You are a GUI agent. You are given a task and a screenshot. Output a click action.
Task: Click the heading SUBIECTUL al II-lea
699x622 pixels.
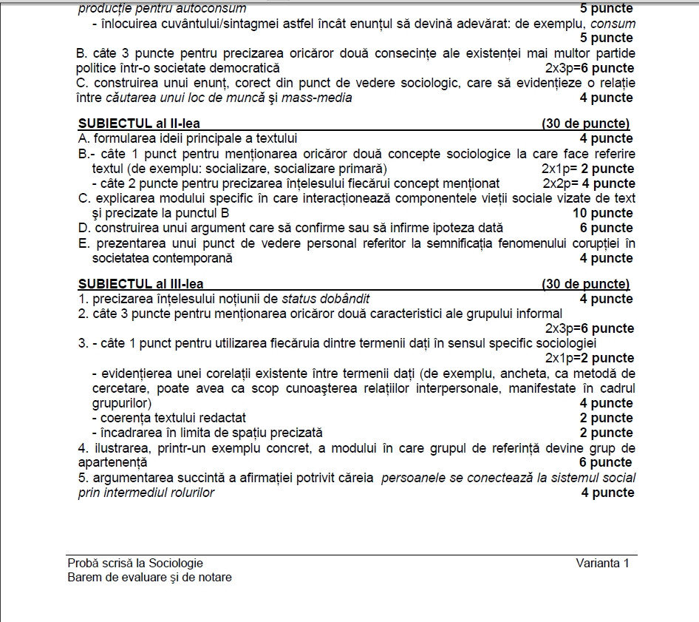tap(139, 124)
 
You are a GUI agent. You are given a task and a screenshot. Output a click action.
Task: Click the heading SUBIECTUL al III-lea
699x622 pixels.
tap(140, 284)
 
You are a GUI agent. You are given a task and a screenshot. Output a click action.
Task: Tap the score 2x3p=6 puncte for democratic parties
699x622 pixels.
tap(587, 68)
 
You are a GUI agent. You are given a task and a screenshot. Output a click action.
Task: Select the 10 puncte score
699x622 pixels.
tap(603, 213)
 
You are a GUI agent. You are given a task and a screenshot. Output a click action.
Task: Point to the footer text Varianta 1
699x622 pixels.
tap(602, 563)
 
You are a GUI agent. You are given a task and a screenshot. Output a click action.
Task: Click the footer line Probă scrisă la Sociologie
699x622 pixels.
tap(134, 563)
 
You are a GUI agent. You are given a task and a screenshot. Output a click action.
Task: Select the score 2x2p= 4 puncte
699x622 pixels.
tap(588, 183)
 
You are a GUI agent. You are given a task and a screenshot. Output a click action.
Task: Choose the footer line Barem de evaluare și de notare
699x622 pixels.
tap(149, 577)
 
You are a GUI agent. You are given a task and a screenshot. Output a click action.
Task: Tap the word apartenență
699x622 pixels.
tap(112, 462)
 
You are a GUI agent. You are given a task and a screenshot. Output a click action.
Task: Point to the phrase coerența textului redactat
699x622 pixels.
tap(169, 418)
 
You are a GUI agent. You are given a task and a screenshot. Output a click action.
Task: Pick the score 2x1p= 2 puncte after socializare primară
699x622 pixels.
tap(587, 169)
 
